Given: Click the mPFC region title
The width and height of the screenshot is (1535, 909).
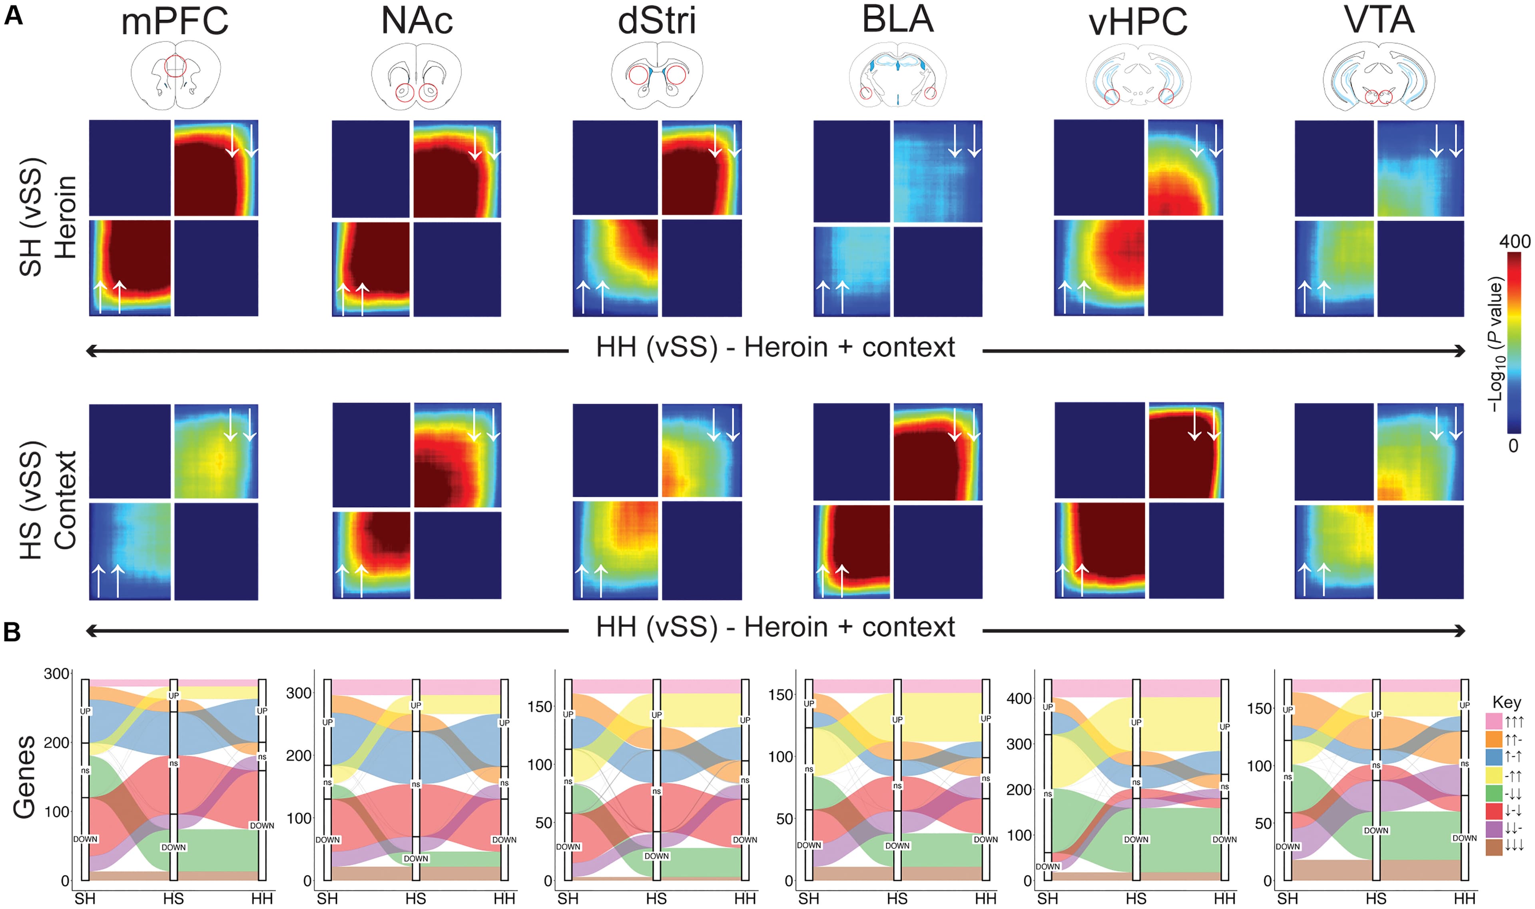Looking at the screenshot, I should click(x=175, y=22).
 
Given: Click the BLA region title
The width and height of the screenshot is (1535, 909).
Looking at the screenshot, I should click(x=898, y=20).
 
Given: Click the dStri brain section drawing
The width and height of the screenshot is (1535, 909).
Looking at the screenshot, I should click(x=657, y=77).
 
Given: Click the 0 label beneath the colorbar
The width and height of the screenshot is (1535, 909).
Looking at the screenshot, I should click(x=1513, y=447).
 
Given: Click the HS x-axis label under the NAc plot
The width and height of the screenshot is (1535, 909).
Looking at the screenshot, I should click(x=416, y=899).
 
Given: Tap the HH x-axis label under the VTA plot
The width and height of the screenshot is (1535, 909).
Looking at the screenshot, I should click(x=1465, y=899).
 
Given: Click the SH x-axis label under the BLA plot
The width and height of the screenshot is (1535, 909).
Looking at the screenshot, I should click(x=809, y=899).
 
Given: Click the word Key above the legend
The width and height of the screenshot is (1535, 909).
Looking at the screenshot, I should click(x=1506, y=702).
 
